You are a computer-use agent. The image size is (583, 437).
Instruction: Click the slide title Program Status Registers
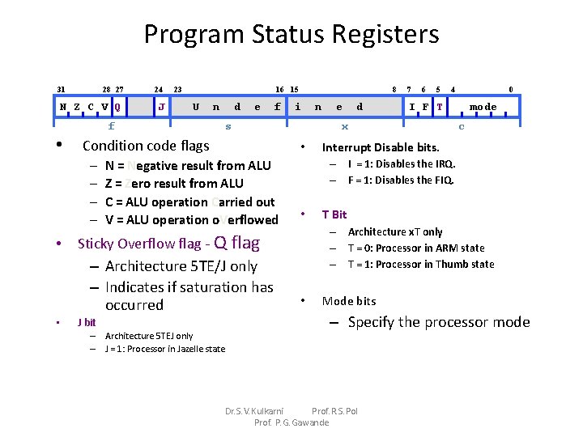291,34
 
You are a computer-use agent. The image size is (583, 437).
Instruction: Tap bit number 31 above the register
62,89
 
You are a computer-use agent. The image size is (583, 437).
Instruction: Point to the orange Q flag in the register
118,107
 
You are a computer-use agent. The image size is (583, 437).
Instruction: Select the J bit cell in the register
162,107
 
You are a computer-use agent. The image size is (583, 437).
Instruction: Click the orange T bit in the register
439,107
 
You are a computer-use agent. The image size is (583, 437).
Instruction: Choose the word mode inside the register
483,107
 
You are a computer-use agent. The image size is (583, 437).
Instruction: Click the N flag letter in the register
63,107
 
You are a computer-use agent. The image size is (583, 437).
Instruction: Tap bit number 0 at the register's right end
510,89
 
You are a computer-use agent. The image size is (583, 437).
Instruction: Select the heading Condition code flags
146,146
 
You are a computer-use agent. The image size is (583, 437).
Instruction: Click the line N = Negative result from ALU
188,166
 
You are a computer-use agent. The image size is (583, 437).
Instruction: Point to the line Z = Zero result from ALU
174,184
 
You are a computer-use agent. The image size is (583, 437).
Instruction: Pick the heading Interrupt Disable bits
381,147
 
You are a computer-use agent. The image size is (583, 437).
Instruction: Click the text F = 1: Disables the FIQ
401,180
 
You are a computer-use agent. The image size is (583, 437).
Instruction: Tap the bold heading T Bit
334,214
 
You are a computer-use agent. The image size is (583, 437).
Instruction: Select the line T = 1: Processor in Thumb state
421,264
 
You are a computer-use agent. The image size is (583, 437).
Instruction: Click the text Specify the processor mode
438,322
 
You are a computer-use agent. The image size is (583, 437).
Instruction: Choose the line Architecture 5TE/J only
181,266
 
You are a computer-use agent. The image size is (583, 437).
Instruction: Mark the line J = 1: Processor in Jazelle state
164,349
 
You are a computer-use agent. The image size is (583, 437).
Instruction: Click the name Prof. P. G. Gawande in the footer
291,422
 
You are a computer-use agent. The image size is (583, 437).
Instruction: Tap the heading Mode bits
349,301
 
